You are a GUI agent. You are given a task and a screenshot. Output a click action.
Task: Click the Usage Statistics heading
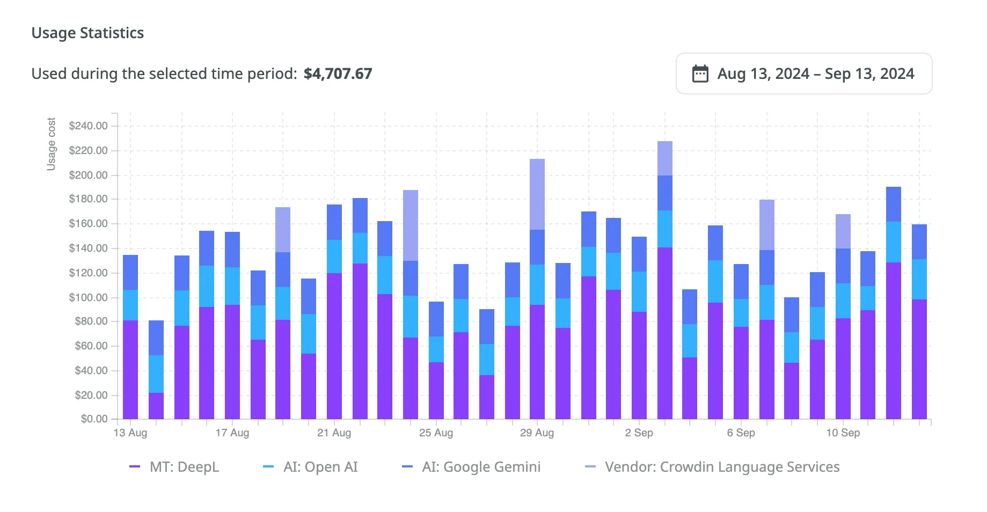pyautogui.click(x=87, y=33)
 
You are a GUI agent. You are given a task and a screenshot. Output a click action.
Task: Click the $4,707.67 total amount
pyautogui.click(x=338, y=74)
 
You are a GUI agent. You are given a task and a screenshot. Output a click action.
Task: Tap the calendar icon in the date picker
pyautogui.click(x=700, y=74)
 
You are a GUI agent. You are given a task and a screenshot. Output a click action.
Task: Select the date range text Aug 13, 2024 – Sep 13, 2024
pyautogui.click(x=815, y=74)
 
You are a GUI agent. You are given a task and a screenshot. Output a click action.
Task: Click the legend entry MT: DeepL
pyautogui.click(x=184, y=467)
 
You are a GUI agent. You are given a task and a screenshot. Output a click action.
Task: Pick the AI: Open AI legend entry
pyautogui.click(x=320, y=467)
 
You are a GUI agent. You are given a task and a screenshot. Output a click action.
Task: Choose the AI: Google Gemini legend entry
pyautogui.click(x=481, y=467)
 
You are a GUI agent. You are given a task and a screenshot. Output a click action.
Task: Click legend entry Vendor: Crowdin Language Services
pyautogui.click(x=721, y=467)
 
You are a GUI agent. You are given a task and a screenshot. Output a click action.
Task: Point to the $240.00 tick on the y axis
pyautogui.click(x=89, y=126)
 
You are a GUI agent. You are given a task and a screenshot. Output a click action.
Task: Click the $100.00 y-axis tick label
pyautogui.click(x=89, y=297)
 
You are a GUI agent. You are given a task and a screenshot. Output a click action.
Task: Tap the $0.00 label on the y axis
pyautogui.click(x=94, y=419)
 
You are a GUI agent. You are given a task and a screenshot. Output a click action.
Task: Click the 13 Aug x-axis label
pyautogui.click(x=130, y=433)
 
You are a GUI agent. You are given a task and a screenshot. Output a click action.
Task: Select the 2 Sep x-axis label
pyautogui.click(x=639, y=433)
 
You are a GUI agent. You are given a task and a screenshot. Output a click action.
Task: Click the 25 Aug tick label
pyautogui.click(x=436, y=433)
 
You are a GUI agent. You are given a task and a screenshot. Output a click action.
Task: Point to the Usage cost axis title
pyautogui.click(x=51, y=144)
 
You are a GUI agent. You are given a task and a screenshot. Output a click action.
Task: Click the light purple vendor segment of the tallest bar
pyautogui.click(x=664, y=158)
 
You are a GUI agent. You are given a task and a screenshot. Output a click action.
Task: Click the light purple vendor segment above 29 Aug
pyautogui.click(x=537, y=194)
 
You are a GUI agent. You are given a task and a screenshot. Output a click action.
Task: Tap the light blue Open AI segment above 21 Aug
pyautogui.click(x=334, y=257)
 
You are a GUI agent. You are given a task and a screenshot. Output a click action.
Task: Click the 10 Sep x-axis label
pyautogui.click(x=843, y=433)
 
